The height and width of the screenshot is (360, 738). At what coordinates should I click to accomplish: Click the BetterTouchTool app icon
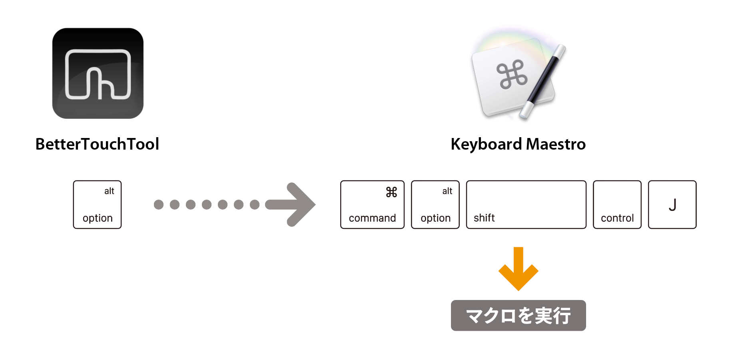click(98, 73)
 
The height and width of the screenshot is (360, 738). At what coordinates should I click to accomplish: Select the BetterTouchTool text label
click(97, 144)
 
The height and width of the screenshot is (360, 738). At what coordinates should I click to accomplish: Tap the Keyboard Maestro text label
click(518, 144)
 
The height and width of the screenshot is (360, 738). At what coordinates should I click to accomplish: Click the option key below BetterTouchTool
click(97, 204)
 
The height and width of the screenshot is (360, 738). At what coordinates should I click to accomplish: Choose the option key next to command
click(435, 204)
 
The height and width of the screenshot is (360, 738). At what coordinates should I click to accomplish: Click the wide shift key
click(526, 204)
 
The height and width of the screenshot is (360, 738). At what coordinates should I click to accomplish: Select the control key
click(617, 204)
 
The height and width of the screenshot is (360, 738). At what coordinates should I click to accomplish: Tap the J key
click(672, 204)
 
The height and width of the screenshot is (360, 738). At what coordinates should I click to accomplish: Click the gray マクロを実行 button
click(519, 316)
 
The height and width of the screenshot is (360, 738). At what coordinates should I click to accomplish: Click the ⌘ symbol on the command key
click(391, 192)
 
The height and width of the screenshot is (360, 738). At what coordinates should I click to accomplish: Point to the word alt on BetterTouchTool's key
click(109, 191)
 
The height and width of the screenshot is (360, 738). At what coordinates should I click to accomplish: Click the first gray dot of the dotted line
click(159, 205)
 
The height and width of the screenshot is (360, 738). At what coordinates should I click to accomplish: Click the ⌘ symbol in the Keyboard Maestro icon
click(512, 74)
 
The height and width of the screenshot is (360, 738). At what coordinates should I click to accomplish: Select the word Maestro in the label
click(556, 144)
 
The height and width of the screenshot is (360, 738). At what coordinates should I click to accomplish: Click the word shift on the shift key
click(484, 218)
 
